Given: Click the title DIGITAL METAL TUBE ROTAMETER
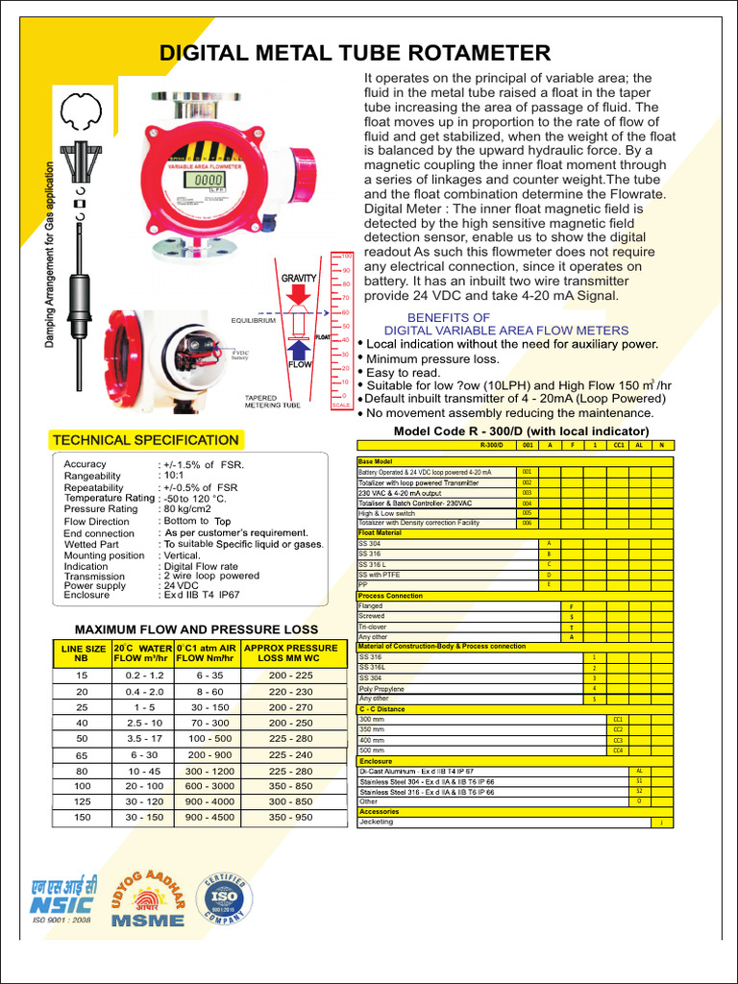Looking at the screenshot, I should tap(355, 52).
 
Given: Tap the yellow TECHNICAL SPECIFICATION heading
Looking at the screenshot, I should tap(145, 440).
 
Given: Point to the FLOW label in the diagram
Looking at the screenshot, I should tap(301, 365).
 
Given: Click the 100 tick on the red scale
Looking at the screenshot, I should tap(347, 256).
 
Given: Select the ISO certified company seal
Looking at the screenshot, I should tap(224, 898).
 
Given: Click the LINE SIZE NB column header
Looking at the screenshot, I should tap(81, 654).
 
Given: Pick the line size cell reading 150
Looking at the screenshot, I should tap(82, 817).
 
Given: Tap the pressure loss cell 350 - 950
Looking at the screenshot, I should tap(290, 817).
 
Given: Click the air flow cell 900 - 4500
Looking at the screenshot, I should tap(209, 817).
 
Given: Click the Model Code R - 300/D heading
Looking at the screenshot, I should tap(522, 430).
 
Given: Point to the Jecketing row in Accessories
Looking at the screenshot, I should tap(376, 823).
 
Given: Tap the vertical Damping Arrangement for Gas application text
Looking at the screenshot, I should tap(50, 255).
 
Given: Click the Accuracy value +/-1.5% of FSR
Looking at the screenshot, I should tap(202, 464).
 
